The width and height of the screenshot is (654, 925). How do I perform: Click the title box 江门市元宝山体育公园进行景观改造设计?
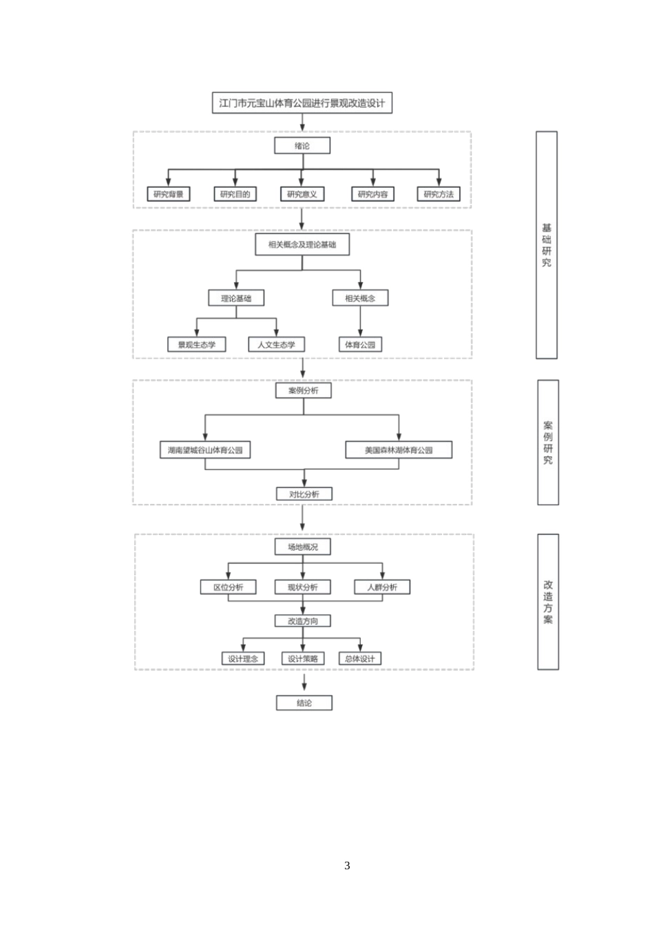click(x=302, y=103)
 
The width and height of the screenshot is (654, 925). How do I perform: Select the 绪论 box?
click(x=302, y=145)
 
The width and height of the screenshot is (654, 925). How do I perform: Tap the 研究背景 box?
click(x=169, y=194)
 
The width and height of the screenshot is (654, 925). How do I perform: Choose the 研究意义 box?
click(x=302, y=194)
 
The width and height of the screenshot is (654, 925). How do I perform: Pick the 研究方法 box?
click(x=439, y=194)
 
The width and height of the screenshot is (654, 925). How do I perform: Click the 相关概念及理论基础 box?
click(x=302, y=244)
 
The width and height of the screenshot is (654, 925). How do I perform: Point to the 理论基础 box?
click(x=236, y=298)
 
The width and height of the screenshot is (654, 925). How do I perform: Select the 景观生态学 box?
click(x=197, y=344)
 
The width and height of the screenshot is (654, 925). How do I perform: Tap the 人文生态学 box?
click(x=276, y=344)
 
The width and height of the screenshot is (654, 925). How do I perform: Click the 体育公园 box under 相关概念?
click(x=360, y=344)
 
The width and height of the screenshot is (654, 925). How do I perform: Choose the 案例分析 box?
click(x=303, y=390)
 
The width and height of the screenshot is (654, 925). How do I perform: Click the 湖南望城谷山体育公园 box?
click(x=205, y=450)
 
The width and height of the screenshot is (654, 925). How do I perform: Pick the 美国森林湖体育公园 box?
click(x=399, y=450)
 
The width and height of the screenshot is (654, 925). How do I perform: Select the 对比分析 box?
click(x=304, y=493)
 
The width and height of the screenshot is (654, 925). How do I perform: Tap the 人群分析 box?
click(x=382, y=587)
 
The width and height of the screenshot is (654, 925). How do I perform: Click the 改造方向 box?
click(x=303, y=621)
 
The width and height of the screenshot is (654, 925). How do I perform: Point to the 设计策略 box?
click(x=303, y=659)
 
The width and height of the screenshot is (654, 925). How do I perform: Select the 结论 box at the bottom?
click(x=304, y=703)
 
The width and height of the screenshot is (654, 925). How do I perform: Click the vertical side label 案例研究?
click(x=547, y=442)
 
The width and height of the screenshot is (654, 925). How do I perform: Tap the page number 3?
click(x=347, y=866)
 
